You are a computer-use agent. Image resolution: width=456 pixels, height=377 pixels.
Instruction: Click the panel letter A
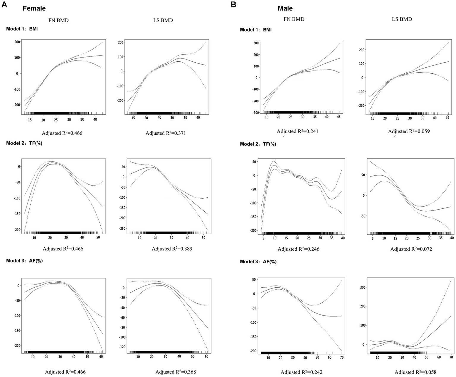tap(4, 5)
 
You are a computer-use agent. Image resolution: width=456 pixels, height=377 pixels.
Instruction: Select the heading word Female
tap(34, 8)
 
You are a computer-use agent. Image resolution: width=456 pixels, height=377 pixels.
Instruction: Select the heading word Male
tap(285, 8)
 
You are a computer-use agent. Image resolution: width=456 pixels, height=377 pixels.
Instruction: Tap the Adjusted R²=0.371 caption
tap(165, 133)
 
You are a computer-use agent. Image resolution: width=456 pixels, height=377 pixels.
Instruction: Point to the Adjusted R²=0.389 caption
tap(172, 248)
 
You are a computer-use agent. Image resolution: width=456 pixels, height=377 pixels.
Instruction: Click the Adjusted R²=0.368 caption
tap(176, 372)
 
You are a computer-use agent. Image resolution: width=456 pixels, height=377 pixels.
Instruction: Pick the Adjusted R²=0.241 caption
tap(297, 131)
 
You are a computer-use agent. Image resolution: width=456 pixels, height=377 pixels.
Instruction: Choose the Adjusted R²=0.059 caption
tap(408, 131)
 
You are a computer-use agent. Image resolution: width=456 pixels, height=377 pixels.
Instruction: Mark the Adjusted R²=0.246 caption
tap(299, 249)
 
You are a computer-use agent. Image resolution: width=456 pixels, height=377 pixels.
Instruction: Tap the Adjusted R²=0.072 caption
tap(411, 249)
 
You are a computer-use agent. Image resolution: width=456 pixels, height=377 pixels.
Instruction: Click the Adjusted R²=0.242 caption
tap(302, 372)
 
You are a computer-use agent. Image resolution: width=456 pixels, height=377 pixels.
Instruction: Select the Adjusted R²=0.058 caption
tap(415, 372)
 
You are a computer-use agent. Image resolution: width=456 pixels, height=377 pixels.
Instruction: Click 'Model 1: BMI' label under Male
tap(255, 30)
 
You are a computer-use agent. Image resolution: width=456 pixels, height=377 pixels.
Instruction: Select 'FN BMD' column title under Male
tap(294, 19)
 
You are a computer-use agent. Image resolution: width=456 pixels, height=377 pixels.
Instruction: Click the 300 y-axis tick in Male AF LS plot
tap(361, 287)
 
